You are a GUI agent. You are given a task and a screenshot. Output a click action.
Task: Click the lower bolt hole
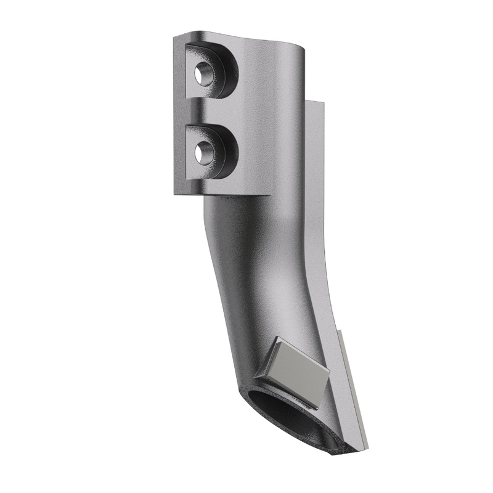click(x=201, y=152)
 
